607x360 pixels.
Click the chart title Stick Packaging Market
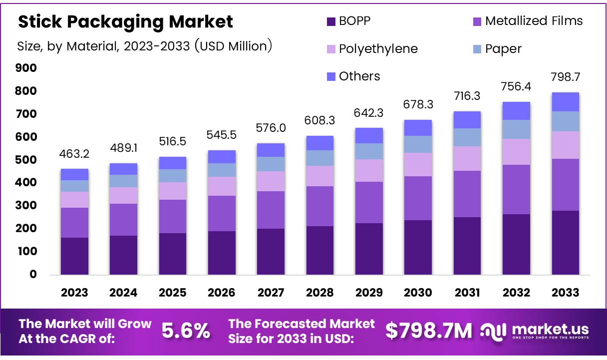pyautogui.click(x=125, y=21)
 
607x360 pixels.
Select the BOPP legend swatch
pyautogui.click(x=330, y=21)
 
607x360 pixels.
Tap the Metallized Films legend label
pyautogui.click(x=534, y=21)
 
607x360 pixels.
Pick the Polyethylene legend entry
pyautogui.click(x=378, y=49)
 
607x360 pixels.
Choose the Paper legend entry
pyautogui.click(x=503, y=49)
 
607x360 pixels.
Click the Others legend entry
pyautogui.click(x=359, y=76)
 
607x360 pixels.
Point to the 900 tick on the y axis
pyautogui.click(x=27, y=68)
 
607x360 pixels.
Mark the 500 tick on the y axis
pyautogui.click(x=27, y=160)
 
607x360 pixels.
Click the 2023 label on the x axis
pyautogui.click(x=74, y=293)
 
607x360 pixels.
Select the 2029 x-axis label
pyautogui.click(x=369, y=293)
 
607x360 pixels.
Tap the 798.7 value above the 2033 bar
pyautogui.click(x=565, y=77)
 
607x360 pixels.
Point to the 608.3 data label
pyautogui.click(x=320, y=120)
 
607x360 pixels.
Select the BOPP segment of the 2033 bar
pyautogui.click(x=565, y=242)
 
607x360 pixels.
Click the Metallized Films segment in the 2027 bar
pyautogui.click(x=271, y=210)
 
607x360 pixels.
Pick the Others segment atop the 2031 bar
pyautogui.click(x=467, y=120)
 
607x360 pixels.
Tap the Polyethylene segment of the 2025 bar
pyautogui.click(x=172, y=191)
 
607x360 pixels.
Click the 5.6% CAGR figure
pyautogui.click(x=186, y=331)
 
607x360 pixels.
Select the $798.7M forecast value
pyautogui.click(x=429, y=331)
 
